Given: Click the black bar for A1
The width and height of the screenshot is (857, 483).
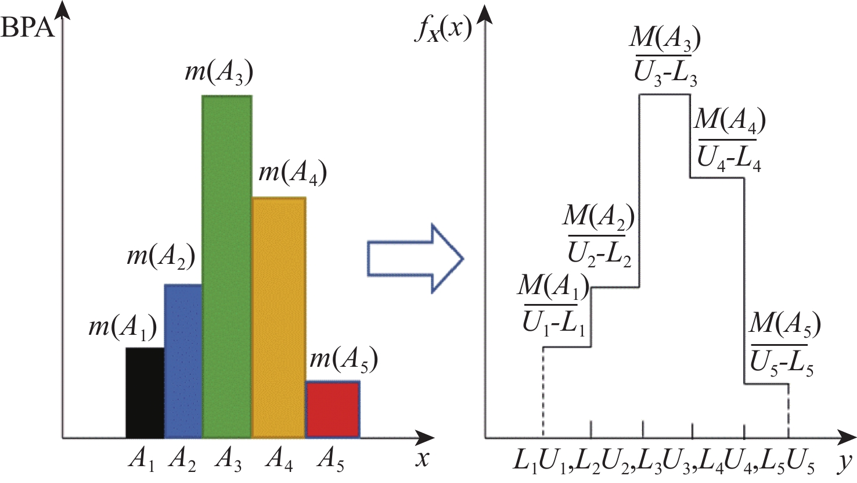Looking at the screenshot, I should pos(145,392).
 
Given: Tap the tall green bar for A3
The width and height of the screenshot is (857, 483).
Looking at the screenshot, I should pos(226,266).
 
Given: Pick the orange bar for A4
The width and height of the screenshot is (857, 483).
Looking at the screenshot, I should pos(279,317).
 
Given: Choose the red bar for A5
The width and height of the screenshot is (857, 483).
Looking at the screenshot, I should pos(333,409).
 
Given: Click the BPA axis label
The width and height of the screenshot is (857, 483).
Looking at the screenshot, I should pos(28,27).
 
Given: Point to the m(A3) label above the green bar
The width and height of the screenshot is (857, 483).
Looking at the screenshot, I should pos(219,73).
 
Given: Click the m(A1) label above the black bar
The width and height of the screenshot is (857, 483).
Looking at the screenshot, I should pos(123,328).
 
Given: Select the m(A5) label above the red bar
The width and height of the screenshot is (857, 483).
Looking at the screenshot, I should pos(344,360).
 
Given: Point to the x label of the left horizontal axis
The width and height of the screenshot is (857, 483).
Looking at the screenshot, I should pos(422,459).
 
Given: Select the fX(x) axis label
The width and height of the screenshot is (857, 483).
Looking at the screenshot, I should pos(442,28).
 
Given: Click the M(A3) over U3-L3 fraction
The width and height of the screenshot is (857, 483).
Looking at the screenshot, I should pos(665,56).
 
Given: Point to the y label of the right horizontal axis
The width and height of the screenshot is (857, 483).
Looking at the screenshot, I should pos(845,461).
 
